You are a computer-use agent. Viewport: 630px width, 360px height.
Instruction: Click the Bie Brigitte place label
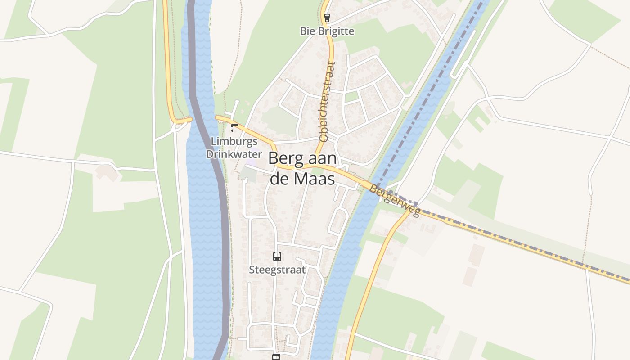(x=327, y=31)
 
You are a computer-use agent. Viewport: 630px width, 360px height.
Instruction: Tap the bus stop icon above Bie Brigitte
(x=327, y=18)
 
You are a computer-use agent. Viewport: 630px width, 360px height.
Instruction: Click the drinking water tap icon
(x=234, y=127)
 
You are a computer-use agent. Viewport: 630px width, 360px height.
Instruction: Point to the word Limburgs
(x=234, y=141)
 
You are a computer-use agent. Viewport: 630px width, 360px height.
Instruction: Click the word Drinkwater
(x=234, y=154)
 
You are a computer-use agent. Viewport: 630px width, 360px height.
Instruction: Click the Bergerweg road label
(x=395, y=200)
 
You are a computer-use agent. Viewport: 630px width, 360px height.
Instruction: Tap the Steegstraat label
(x=277, y=270)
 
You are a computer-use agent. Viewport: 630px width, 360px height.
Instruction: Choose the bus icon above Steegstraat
(x=277, y=256)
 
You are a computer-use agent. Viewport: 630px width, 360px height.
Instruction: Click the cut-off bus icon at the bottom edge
(x=276, y=357)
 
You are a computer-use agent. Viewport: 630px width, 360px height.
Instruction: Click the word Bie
(x=308, y=31)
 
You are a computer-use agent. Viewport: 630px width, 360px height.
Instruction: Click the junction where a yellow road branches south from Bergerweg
(x=412, y=209)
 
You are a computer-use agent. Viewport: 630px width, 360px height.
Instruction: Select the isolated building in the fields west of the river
(x=107, y=172)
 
